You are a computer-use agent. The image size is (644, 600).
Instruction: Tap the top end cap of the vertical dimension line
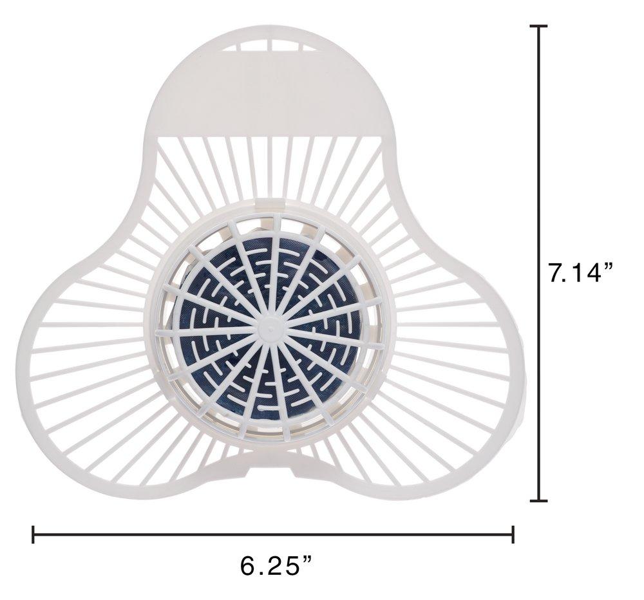pyautogui.click(x=538, y=26)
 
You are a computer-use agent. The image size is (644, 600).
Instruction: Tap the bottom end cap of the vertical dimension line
pyautogui.click(x=538, y=501)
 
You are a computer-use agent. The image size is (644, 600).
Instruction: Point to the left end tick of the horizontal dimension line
pyautogui.click(x=33, y=534)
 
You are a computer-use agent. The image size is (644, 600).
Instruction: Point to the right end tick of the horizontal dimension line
pyautogui.click(x=513, y=534)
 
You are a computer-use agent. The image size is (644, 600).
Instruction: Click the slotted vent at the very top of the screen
pyautogui.click(x=271, y=44)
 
